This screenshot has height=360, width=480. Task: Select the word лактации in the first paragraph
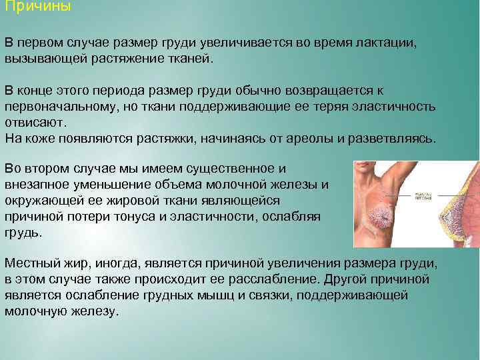click(x=383, y=43)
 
